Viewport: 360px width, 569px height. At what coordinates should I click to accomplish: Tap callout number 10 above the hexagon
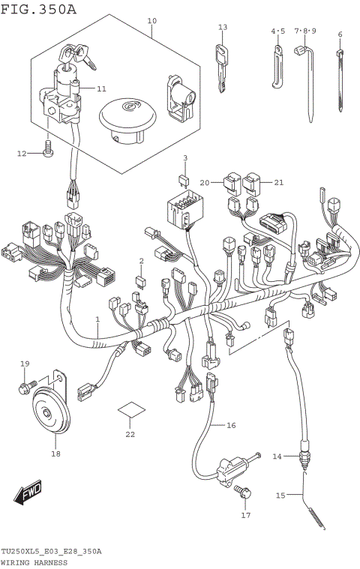[152, 20]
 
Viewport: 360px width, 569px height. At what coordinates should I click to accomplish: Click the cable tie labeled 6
[340, 82]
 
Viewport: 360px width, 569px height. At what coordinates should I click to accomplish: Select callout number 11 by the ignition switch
[101, 88]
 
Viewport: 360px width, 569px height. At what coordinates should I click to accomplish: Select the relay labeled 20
[232, 182]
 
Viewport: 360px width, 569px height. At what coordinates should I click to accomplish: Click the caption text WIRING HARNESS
[34, 560]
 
